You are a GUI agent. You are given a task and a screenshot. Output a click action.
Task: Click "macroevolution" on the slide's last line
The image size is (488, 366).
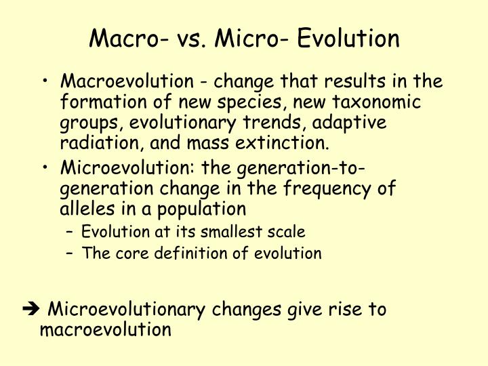click(x=106, y=330)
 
